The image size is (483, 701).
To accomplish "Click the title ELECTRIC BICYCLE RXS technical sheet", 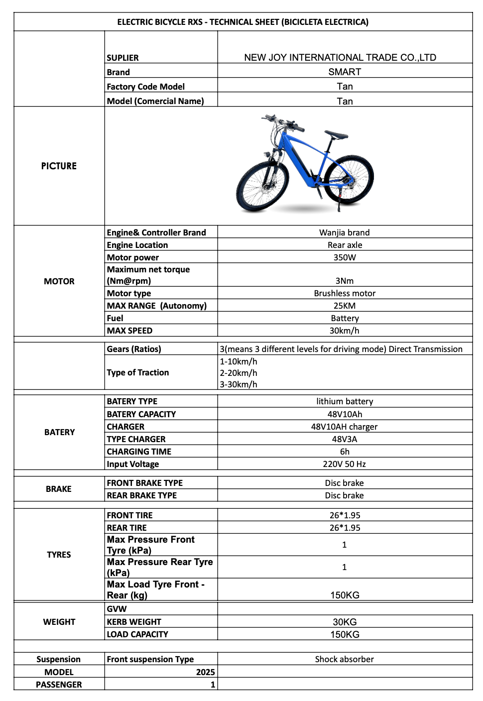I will (x=242, y=22).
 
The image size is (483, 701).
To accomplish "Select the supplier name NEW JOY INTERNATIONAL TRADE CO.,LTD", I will (x=340, y=57).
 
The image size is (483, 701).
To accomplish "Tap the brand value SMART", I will (x=345, y=72).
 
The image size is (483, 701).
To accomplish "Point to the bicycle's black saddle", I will (x=337, y=134).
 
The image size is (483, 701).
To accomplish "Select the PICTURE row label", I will (x=59, y=166).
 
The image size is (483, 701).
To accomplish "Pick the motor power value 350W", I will (x=345, y=257).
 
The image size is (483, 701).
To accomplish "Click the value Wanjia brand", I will (x=345, y=233).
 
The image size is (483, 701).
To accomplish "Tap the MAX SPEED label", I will (x=129, y=331).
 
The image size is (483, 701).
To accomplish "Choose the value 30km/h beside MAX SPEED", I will (x=345, y=331).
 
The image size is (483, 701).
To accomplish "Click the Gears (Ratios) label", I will (x=134, y=349).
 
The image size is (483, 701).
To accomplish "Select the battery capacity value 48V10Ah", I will (x=345, y=414).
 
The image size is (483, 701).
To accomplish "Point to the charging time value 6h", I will (x=345, y=452).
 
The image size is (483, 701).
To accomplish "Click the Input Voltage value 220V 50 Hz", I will (x=345, y=464).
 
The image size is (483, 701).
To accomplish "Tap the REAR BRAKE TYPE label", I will (x=142, y=495).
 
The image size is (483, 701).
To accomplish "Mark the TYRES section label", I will (x=59, y=555).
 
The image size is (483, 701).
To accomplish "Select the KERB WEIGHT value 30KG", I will (x=345, y=622).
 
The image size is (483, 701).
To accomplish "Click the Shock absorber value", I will (x=345, y=659).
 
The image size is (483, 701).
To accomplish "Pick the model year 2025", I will (x=205, y=672).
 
